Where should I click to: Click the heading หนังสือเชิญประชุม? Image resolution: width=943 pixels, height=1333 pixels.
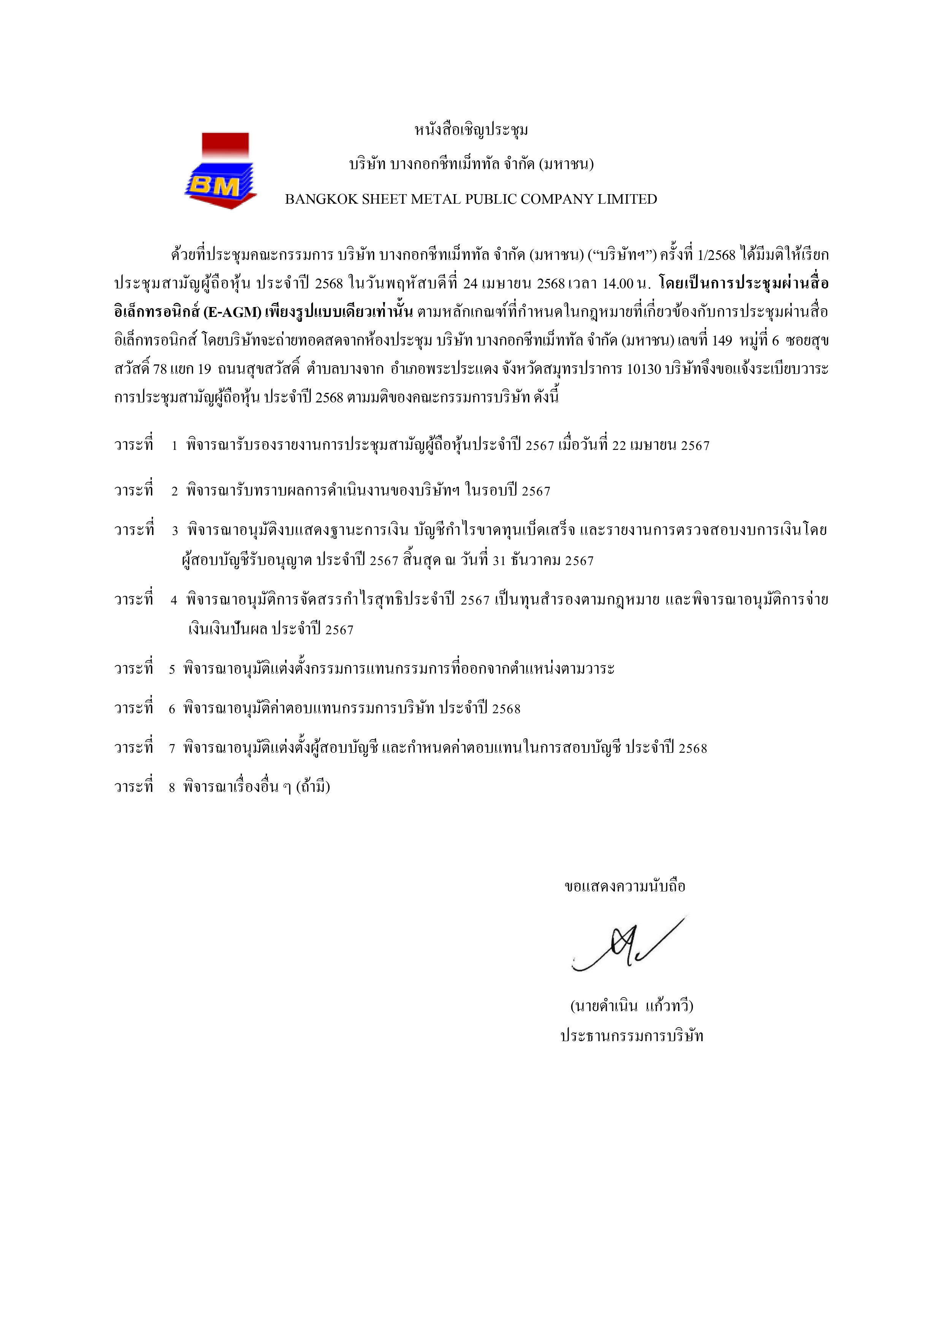(x=471, y=130)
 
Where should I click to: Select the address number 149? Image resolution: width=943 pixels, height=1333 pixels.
(x=722, y=341)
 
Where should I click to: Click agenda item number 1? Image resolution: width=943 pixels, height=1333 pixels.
(x=174, y=446)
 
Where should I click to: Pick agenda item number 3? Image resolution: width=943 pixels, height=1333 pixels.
(x=175, y=530)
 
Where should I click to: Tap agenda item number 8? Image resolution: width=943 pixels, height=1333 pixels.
(x=172, y=788)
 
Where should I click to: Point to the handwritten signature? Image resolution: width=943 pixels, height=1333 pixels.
(x=627, y=946)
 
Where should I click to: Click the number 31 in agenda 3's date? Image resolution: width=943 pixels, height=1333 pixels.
(x=499, y=561)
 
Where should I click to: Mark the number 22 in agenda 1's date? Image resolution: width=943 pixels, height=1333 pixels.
(x=619, y=446)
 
